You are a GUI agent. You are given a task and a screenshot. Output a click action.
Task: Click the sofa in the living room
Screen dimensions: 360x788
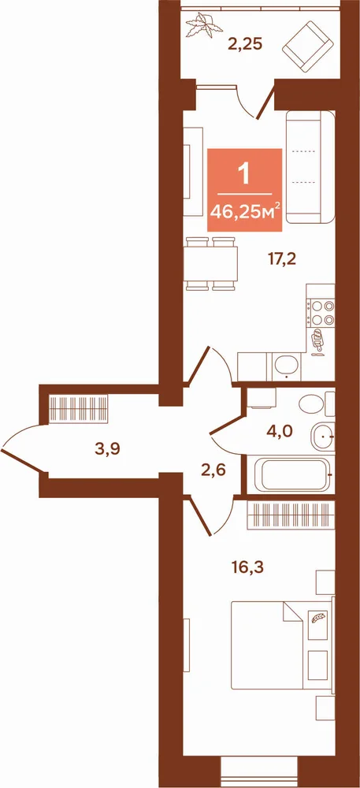coord(310,167)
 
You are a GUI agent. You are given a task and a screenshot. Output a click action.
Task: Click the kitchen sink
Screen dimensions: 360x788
coord(288,366)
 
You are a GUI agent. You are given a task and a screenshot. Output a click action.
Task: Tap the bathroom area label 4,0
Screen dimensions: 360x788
coord(283,432)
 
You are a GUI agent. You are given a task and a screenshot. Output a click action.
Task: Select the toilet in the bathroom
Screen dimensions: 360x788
coord(316,404)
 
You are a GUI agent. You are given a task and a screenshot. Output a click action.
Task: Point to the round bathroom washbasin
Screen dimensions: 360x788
coord(322,437)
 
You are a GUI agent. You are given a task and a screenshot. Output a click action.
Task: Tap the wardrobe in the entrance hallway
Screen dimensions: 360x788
coord(79,408)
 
